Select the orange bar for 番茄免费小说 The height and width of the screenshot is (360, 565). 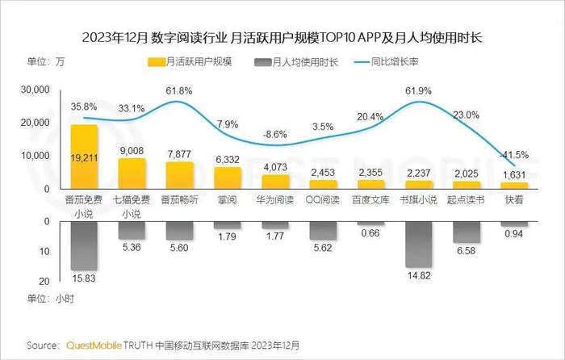[85, 157]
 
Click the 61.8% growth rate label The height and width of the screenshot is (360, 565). [179, 91]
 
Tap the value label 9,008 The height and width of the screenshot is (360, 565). [132, 148]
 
